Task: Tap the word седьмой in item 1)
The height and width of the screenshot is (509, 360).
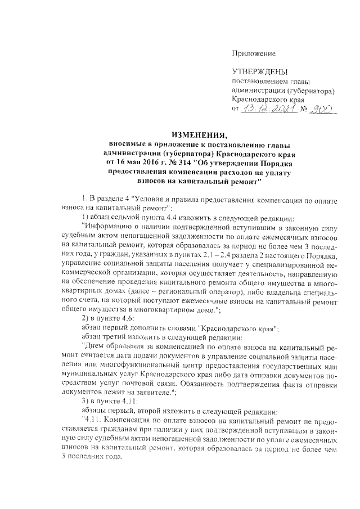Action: pos(121,219)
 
